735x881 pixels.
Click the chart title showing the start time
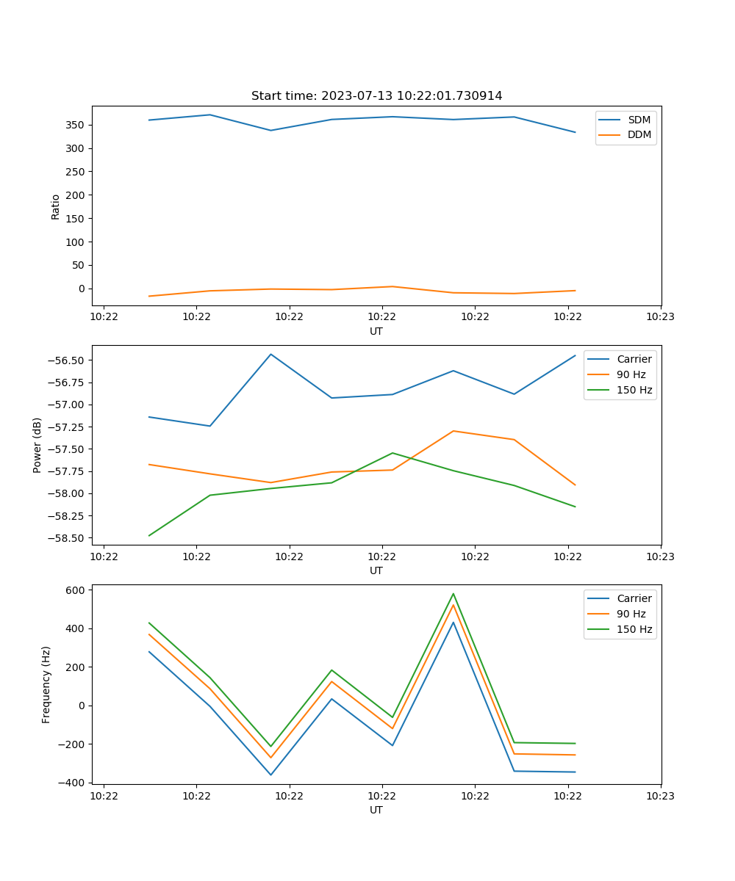pyautogui.click(x=376, y=96)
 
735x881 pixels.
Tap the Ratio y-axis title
pyautogui.click(x=56, y=206)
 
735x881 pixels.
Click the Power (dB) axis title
pyautogui.click(x=37, y=445)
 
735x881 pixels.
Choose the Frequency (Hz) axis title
pyautogui.click(x=46, y=684)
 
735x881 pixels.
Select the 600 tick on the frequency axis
pyautogui.click(x=77, y=590)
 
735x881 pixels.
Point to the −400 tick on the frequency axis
pyautogui.click(x=73, y=783)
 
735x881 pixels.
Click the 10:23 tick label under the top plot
pyautogui.click(x=660, y=317)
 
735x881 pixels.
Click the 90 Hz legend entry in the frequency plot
pyautogui.click(x=631, y=614)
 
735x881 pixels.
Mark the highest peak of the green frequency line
pyautogui.click(x=453, y=593)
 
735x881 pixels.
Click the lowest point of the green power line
pyautogui.click(x=149, y=536)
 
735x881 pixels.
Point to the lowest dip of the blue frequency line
pyautogui.click(x=271, y=775)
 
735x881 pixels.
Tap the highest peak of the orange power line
pyautogui.click(x=453, y=431)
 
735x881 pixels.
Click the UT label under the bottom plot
pyautogui.click(x=376, y=810)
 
